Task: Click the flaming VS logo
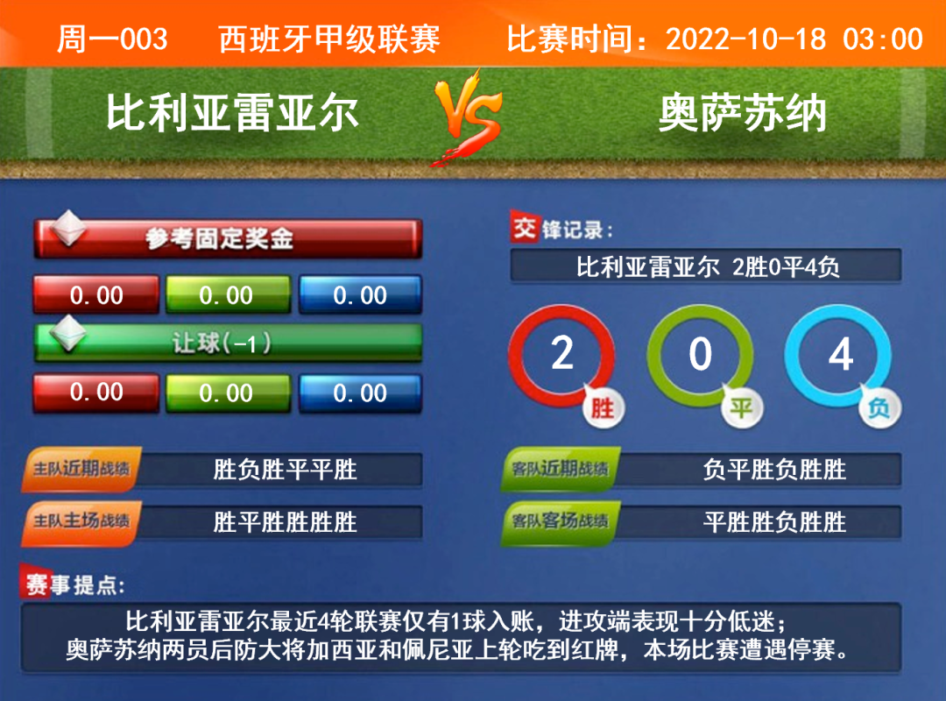point(468,117)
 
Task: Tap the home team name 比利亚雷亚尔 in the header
point(233,113)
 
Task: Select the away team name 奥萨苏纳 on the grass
point(742,113)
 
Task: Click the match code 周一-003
point(112,39)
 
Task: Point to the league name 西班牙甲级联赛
point(329,39)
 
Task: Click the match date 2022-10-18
point(745,39)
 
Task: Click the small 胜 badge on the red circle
point(603,408)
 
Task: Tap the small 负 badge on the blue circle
point(879,408)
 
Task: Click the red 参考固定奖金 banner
point(228,238)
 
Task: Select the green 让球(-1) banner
point(228,343)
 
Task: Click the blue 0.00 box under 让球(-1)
point(360,393)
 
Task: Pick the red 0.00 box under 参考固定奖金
point(96,295)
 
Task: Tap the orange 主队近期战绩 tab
point(81,469)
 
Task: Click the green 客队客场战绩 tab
point(561,521)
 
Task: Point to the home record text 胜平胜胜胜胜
point(286,521)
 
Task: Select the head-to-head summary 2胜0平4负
point(786,267)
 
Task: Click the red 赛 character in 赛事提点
point(36,584)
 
